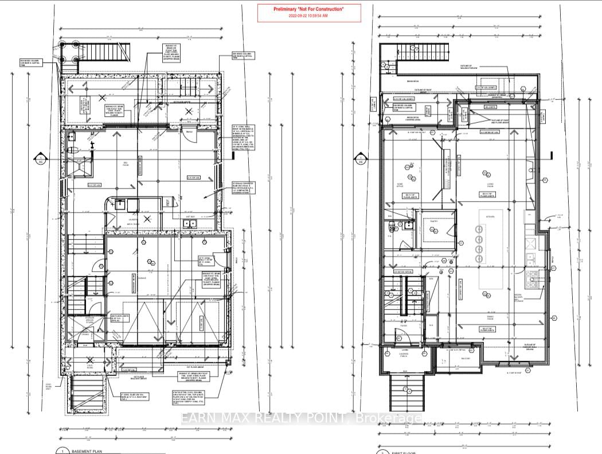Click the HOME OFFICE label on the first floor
[402, 185]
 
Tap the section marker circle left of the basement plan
[41, 159]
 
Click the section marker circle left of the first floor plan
[360, 159]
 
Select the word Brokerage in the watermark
[390, 419]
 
